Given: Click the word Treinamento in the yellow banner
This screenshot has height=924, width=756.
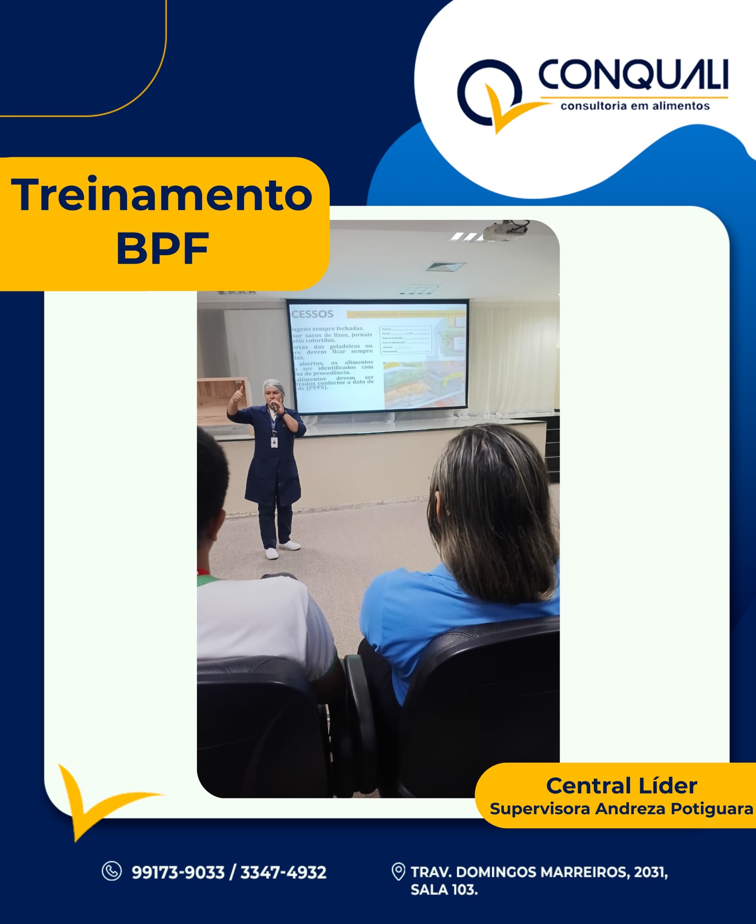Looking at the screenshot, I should (162, 195).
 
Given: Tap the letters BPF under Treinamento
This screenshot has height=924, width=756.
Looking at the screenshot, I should (162, 248).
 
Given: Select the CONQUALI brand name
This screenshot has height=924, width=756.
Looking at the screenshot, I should (633, 75).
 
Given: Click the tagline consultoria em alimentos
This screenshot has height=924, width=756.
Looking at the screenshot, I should (635, 106).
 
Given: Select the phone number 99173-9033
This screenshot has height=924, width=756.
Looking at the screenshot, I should (178, 872).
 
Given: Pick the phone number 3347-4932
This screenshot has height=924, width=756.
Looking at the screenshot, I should (283, 872).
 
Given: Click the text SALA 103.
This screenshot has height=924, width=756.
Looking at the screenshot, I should (444, 890).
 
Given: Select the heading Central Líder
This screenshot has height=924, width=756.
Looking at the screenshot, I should (622, 786).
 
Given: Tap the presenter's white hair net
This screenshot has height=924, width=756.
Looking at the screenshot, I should (273, 386).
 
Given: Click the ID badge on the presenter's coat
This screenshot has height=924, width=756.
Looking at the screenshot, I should (274, 442).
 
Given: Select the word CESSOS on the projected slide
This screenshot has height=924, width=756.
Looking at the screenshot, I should (312, 314).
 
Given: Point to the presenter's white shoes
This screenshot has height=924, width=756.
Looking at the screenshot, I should (281, 549).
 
